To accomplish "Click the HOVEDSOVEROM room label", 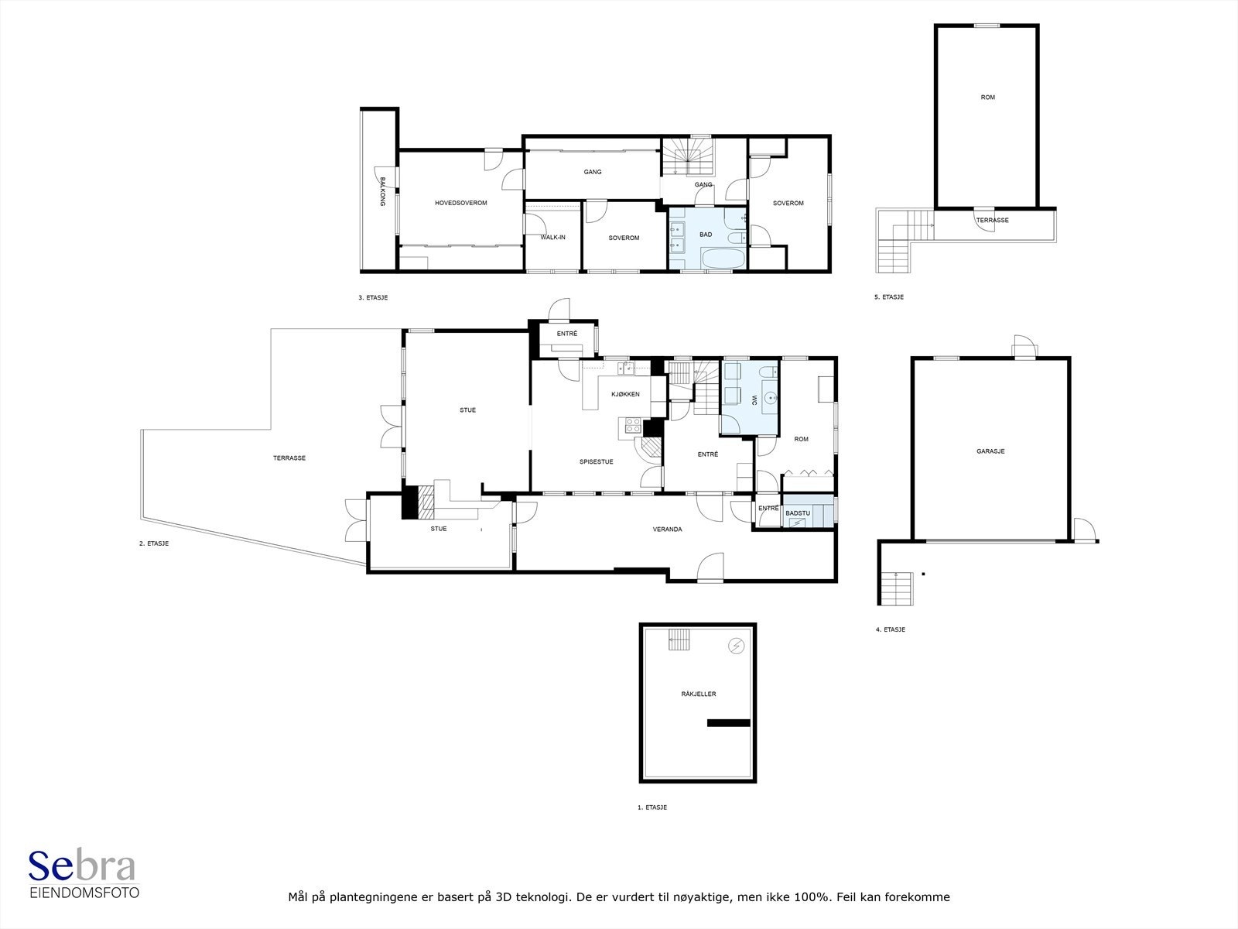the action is click(461, 203).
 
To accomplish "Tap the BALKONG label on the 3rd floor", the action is click(382, 191).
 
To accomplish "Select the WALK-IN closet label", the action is click(552, 238).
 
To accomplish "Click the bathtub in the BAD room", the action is click(723, 259).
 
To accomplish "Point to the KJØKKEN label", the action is click(625, 394).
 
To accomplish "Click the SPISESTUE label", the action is click(596, 462).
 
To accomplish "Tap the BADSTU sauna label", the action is click(798, 513).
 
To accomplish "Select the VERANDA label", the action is click(667, 529).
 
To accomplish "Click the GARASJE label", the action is click(990, 451).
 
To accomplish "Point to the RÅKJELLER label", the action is click(698, 694).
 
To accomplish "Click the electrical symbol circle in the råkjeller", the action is click(737, 646).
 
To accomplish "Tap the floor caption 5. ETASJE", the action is click(889, 297).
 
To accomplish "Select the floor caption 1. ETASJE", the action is click(652, 807).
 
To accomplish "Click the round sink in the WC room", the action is click(769, 399).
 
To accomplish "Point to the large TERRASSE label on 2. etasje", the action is click(289, 458).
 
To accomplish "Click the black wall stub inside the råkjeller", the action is click(729, 722).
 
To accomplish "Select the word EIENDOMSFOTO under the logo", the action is click(84, 893).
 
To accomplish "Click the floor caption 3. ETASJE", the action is click(373, 297).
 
